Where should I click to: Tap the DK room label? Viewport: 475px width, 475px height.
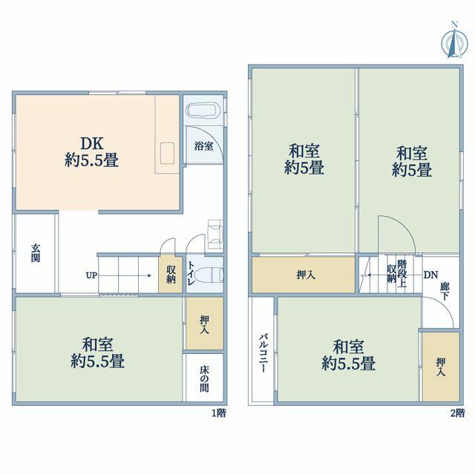point(91,143)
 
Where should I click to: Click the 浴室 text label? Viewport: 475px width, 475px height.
point(203,146)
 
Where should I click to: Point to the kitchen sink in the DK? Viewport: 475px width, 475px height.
point(167,154)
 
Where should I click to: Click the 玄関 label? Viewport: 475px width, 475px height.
point(36,253)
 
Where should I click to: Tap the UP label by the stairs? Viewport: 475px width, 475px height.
point(91,275)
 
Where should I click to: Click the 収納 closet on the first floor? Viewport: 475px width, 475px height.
point(171,275)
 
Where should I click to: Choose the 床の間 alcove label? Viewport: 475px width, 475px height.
point(205,379)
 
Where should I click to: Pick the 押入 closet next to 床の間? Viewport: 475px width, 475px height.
point(205,324)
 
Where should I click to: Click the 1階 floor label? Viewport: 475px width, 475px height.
point(218,413)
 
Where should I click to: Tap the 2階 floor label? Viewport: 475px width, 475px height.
point(457,413)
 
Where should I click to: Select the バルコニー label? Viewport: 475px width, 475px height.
point(263,353)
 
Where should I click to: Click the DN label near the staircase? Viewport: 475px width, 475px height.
point(430,275)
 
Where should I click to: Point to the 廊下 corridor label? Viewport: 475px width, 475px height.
point(445,291)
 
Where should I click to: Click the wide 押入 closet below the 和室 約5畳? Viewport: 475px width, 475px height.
point(304,275)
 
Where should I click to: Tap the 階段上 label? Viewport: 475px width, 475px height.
point(402,273)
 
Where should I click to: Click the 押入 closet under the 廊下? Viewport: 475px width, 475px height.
point(441,367)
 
